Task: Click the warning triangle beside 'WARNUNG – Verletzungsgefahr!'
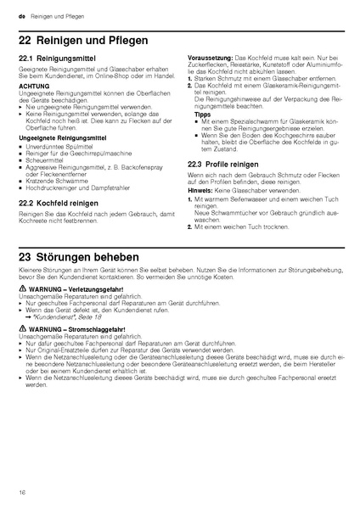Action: click(22, 289)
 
